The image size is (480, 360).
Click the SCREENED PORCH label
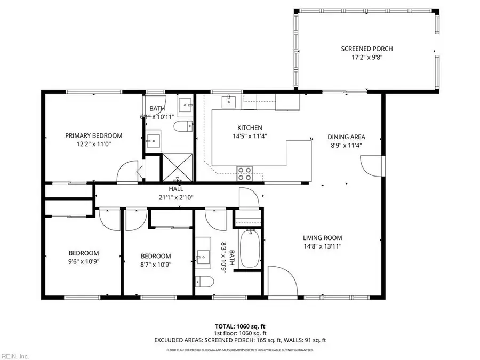(x=367, y=49)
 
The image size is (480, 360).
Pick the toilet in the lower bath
(x=205, y=281)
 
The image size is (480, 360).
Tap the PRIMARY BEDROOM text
(x=94, y=135)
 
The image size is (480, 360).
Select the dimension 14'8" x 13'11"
(x=322, y=246)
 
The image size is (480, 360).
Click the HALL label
(x=176, y=189)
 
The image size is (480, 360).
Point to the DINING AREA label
(x=346, y=137)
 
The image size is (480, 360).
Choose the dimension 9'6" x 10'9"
(x=84, y=261)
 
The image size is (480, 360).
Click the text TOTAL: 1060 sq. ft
(x=239, y=326)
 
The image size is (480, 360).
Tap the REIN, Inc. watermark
(x=15, y=355)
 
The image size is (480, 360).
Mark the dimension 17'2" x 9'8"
(x=367, y=58)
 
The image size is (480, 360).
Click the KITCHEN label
(x=250, y=127)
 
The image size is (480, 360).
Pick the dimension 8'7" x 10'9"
(x=156, y=265)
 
